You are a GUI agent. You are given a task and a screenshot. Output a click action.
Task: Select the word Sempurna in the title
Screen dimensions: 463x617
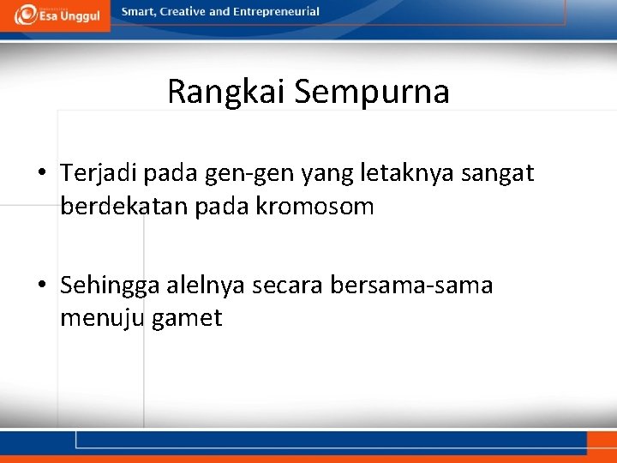coord(371,92)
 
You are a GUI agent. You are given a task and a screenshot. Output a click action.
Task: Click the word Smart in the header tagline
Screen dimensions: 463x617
coord(140,12)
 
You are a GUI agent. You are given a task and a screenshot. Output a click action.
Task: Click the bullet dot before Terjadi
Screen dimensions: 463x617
coord(42,174)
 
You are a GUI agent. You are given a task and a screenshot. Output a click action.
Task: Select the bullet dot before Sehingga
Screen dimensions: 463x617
coord(42,286)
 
